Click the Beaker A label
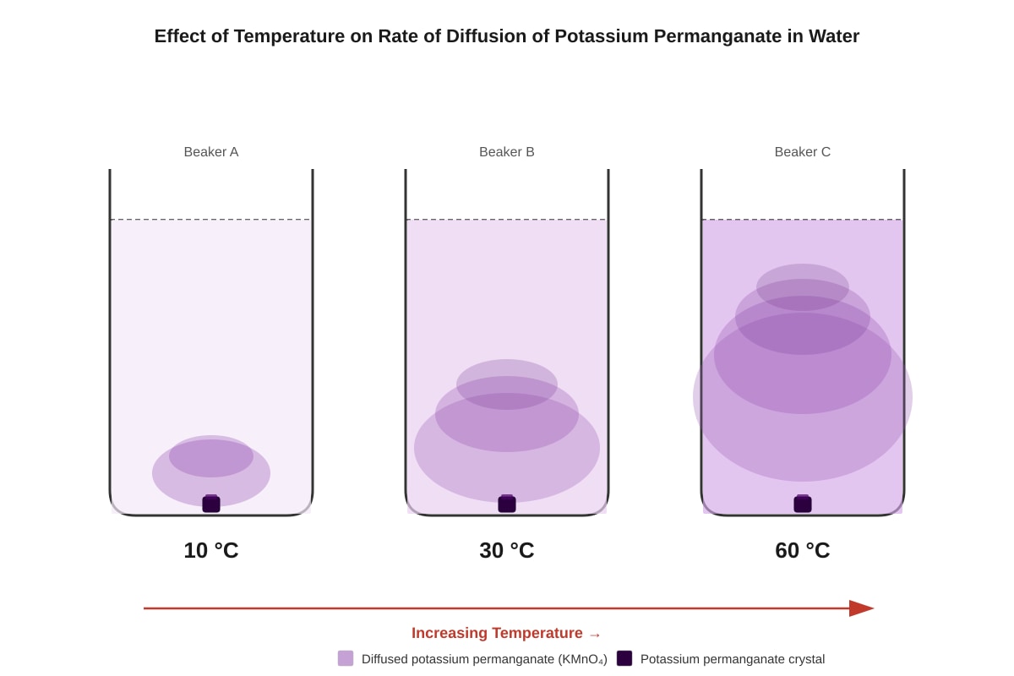(x=211, y=152)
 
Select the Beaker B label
(x=506, y=152)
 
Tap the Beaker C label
(x=802, y=152)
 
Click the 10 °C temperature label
(x=211, y=551)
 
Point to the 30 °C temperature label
(x=506, y=551)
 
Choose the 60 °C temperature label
(x=802, y=551)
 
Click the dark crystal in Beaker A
(x=211, y=504)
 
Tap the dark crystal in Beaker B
(x=506, y=504)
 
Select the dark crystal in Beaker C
(x=802, y=504)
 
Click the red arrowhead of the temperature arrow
(x=861, y=608)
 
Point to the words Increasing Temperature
(x=497, y=633)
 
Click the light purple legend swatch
(x=346, y=658)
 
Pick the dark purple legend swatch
(x=624, y=658)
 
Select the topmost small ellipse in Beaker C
(x=802, y=287)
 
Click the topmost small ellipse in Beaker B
(x=506, y=384)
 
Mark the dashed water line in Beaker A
(x=211, y=220)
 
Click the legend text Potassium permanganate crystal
(x=733, y=659)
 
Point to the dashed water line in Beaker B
(x=506, y=220)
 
